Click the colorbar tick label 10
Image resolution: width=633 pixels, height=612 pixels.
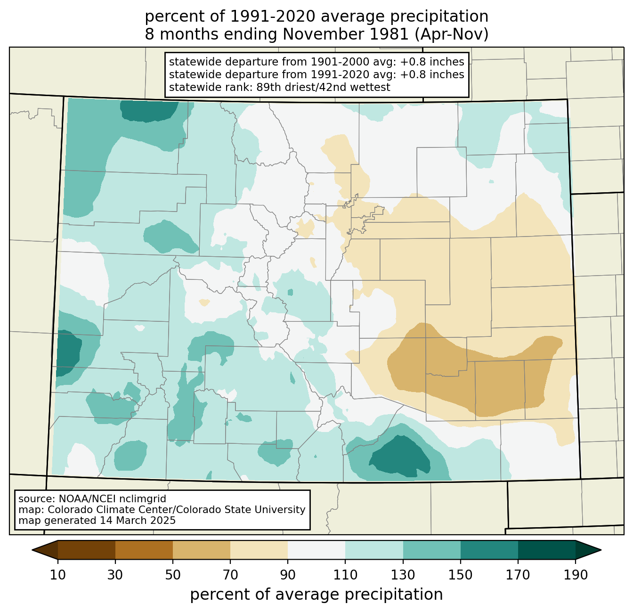[x=57, y=575]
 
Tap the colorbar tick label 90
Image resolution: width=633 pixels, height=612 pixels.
[x=288, y=575]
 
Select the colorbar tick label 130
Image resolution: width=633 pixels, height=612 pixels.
[x=403, y=575]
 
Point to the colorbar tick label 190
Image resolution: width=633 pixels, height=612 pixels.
[x=576, y=575]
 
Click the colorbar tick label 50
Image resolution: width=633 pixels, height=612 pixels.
[x=173, y=575]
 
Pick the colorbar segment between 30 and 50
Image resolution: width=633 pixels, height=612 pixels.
[x=144, y=550]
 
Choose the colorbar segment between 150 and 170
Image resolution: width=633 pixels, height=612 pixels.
[x=489, y=550]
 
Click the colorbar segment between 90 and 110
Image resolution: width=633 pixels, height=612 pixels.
[x=316, y=550]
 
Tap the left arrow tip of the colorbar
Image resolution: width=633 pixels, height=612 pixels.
[x=32, y=550]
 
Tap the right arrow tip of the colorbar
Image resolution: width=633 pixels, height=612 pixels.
[x=601, y=550]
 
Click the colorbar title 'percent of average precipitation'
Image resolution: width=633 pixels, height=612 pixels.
[x=316, y=594]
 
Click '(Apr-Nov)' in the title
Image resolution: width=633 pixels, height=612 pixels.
[x=452, y=34]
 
